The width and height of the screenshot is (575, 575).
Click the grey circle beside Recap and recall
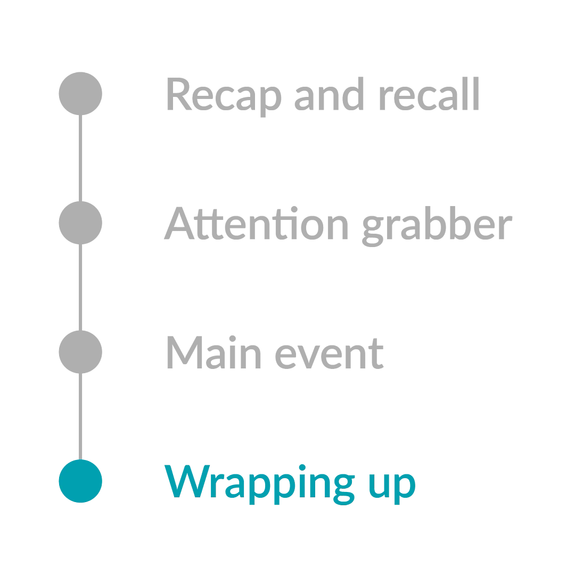[x=80, y=94]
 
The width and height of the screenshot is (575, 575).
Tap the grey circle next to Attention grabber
[x=80, y=223]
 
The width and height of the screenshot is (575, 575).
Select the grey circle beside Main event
[x=80, y=352]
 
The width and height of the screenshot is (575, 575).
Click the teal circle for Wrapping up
[x=80, y=481]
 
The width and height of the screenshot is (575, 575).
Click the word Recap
[x=225, y=97]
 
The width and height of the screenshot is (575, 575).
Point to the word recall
[x=429, y=94]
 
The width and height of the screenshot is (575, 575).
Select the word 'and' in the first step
[x=329, y=94]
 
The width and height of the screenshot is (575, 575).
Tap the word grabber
[x=437, y=226]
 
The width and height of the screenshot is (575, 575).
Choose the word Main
[x=214, y=352]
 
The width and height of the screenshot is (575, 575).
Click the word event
[x=330, y=354]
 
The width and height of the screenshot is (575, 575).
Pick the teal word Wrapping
[x=260, y=485]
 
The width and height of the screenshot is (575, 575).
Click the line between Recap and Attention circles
[x=80, y=158]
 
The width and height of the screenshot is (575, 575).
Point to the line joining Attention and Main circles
[x=80, y=287]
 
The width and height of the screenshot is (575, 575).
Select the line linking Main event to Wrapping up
[x=80, y=416]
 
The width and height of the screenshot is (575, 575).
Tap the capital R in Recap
[x=180, y=94]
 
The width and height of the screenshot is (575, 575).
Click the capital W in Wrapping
[x=187, y=481]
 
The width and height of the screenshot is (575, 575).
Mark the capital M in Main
[x=185, y=352]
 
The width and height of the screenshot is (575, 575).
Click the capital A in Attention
[x=179, y=223]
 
